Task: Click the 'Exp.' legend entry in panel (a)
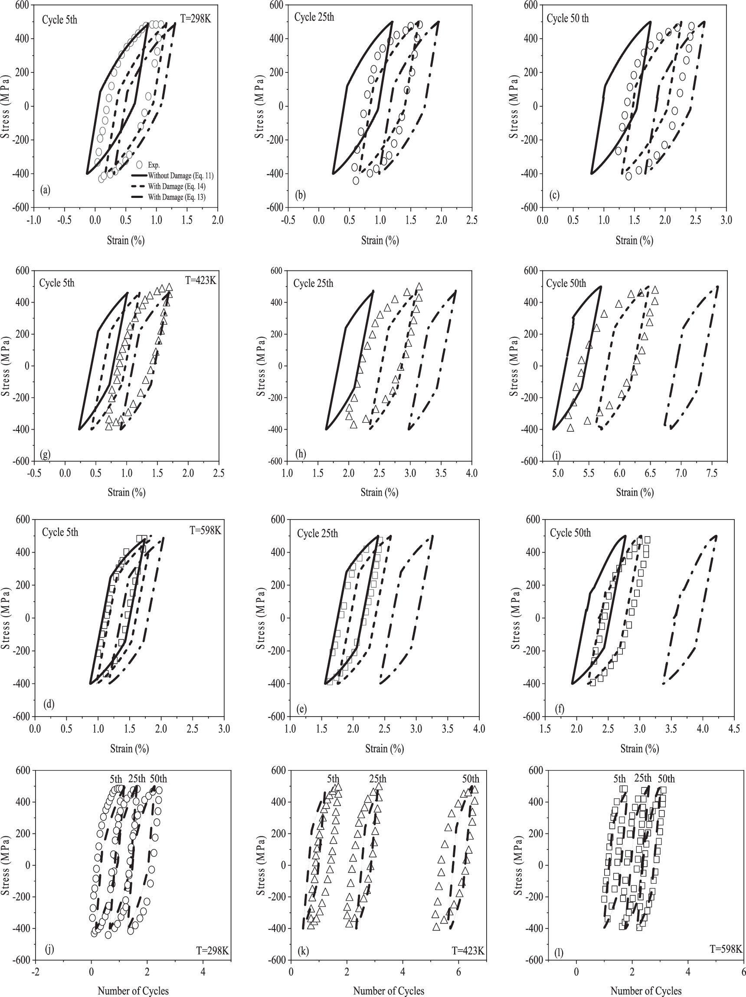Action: coord(154,165)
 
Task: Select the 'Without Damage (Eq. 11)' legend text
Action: coord(180,175)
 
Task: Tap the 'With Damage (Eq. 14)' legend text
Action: coord(177,186)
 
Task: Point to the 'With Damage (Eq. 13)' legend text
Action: coord(177,197)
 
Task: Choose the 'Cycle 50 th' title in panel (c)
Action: coord(568,19)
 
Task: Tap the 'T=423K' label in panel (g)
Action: coord(201,280)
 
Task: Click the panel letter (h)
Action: coord(300,454)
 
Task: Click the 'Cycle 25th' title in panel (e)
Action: coord(317,533)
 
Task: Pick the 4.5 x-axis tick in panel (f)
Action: coord(734,729)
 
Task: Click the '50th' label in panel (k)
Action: coord(470,779)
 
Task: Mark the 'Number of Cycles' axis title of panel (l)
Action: coord(645,990)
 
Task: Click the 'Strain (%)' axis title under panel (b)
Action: coord(380,240)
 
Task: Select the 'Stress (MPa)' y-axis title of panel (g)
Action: coord(7,365)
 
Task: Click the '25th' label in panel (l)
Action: coord(642,778)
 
